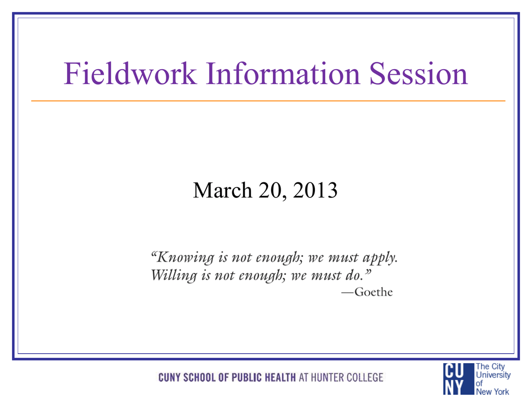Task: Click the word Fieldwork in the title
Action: (x=130, y=73)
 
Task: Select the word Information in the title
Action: (x=283, y=73)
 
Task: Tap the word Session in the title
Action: (x=419, y=73)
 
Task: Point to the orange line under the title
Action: (x=268, y=101)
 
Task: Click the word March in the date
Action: (x=222, y=190)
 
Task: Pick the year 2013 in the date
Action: (x=315, y=190)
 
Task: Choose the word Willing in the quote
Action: (x=174, y=275)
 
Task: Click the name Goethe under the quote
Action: (x=374, y=292)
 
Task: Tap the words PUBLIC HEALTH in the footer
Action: (x=263, y=377)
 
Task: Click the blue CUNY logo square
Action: (x=458, y=379)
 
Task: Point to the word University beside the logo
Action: (x=493, y=375)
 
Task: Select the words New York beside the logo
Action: (x=493, y=392)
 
